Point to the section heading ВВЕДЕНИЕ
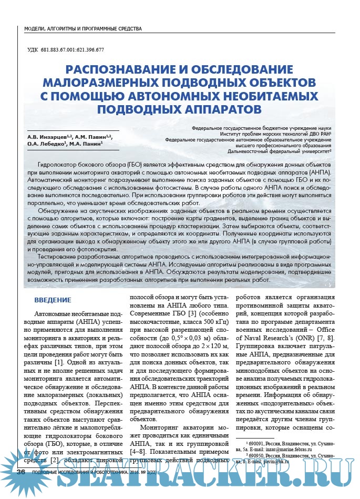pyautogui.click(x=53, y=300)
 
